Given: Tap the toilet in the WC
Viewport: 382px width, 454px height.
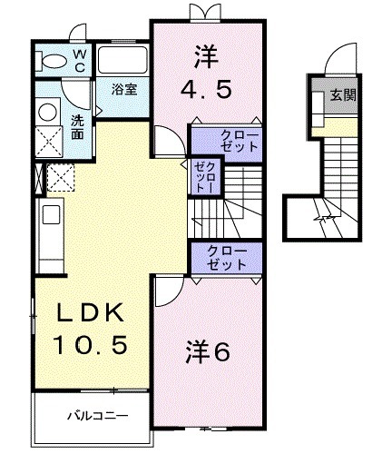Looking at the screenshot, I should (57, 61).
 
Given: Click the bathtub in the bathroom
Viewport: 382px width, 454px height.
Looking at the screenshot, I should (123, 63).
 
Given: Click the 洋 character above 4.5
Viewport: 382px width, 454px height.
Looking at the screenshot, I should (205, 56).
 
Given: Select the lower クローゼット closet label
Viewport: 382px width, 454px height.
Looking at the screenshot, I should (225, 257).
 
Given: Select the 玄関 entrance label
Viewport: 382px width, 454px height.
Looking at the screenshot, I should (343, 94).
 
